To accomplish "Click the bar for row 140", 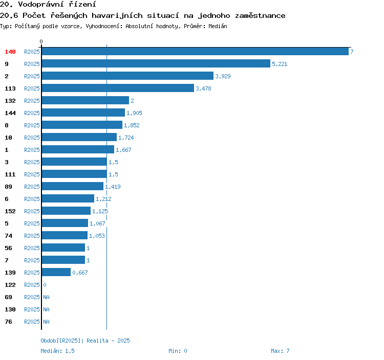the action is [x=195, y=51].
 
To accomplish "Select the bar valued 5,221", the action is [x=156, y=63].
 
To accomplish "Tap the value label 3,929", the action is [x=223, y=76].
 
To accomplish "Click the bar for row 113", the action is [x=118, y=88].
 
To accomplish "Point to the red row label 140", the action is [x=10, y=52].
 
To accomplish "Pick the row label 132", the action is [x=10, y=101].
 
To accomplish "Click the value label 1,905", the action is [x=134, y=113].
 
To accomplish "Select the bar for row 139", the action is [x=56, y=272].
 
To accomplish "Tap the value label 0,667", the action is [x=80, y=273].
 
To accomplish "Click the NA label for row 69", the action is [x=46, y=297].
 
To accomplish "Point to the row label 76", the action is [x=8, y=322].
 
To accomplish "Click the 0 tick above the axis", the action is [x=41, y=41].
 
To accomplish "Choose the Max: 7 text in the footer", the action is [x=280, y=351].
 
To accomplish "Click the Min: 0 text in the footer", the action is [x=178, y=351].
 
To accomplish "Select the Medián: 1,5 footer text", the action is [x=57, y=351].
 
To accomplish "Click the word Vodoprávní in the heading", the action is [x=41, y=5].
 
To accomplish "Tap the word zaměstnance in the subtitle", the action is [x=260, y=16].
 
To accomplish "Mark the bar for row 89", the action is [x=73, y=186].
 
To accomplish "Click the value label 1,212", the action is [x=103, y=199].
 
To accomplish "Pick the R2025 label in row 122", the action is [x=32, y=285].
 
